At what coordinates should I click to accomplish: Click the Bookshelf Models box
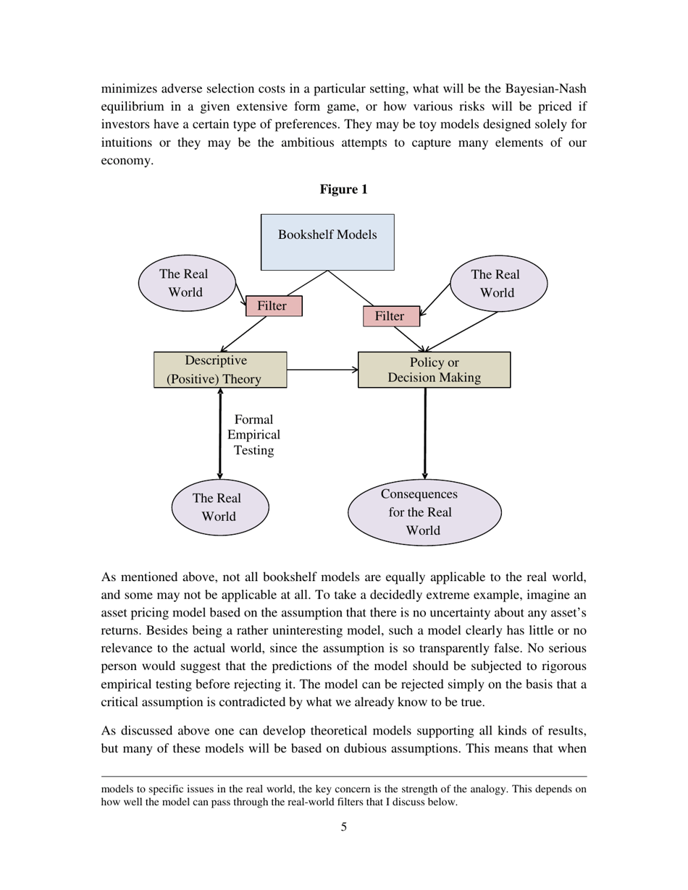327,242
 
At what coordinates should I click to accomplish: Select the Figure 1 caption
344,190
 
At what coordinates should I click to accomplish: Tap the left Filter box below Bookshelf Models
274,306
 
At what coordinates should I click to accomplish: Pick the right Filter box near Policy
391,316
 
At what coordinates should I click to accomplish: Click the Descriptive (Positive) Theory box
220,370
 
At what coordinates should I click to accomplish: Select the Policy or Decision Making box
434,370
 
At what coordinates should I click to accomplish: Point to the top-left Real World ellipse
187,283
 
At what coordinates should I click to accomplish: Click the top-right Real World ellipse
499,284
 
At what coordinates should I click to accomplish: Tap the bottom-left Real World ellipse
220,507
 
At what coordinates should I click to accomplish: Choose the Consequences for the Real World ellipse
424,512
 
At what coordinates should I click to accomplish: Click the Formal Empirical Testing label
253,435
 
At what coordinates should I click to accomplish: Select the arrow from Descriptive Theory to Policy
322,370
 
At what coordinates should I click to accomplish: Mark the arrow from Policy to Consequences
425,434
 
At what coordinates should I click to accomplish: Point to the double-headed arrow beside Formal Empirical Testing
220,434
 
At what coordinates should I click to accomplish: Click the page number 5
344,827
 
